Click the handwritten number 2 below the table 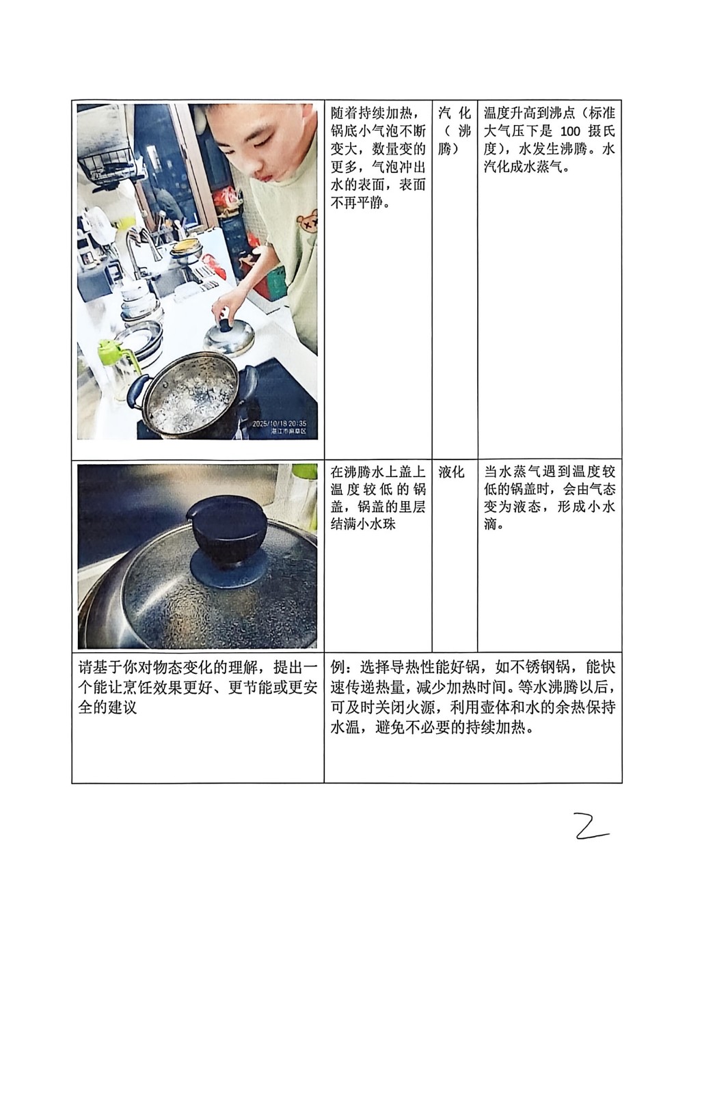tap(591, 826)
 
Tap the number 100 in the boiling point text tap(570, 131)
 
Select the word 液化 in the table tap(451, 472)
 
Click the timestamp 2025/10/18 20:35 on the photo tap(279, 424)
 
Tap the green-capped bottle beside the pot tap(114, 369)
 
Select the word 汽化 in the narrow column tap(454, 113)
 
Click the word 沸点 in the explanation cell tap(560, 113)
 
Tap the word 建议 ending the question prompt tap(122, 708)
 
